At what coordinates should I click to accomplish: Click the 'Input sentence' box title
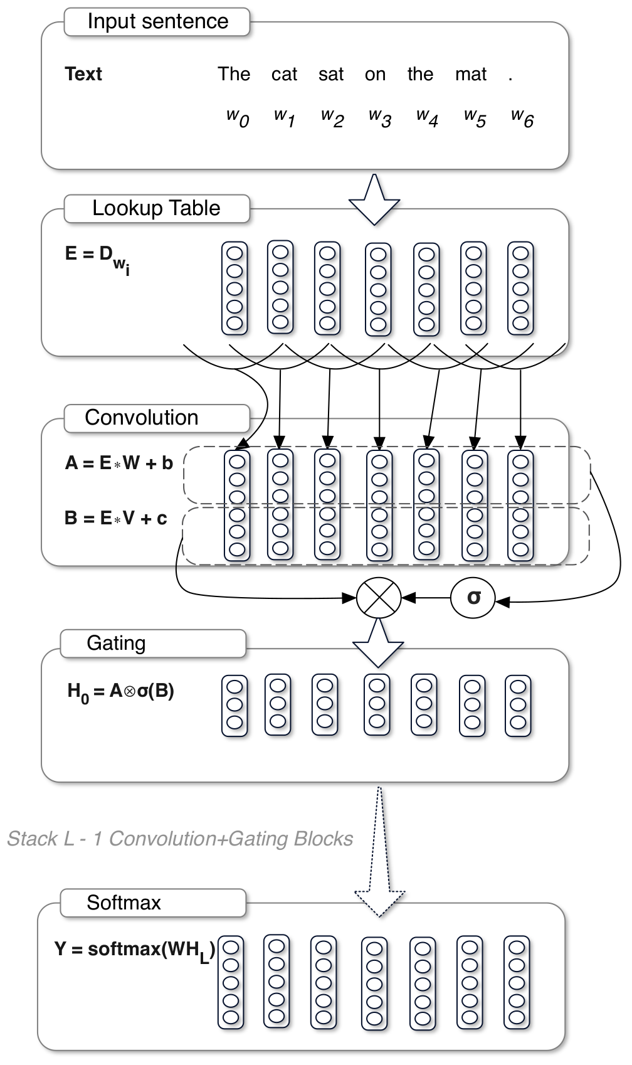[157, 21]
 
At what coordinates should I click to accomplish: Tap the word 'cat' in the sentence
[284, 75]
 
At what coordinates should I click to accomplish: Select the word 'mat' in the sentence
[471, 75]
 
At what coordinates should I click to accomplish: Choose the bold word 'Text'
[83, 74]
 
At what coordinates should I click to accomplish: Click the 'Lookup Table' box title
[156, 208]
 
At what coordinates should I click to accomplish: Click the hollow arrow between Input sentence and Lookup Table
[374, 201]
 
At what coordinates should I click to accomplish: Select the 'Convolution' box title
[142, 418]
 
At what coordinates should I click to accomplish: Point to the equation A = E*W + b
[118, 464]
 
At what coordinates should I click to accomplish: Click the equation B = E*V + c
[116, 519]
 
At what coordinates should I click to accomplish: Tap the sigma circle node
[473, 598]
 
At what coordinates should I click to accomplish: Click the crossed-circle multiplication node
[379, 598]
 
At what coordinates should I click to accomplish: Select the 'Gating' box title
[117, 644]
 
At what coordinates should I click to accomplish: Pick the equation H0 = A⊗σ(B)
[120, 692]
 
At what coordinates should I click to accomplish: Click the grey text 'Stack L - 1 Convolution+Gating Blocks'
[180, 839]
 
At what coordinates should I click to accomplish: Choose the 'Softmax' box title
[124, 903]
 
